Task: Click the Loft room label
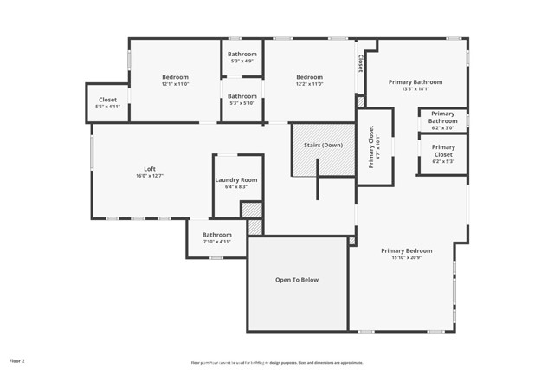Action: pyautogui.click(x=149, y=168)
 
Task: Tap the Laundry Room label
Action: pyautogui.click(x=235, y=179)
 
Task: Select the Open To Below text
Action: pyautogui.click(x=297, y=280)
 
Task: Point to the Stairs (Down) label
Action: pyautogui.click(x=322, y=145)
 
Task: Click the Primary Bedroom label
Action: pyautogui.click(x=406, y=250)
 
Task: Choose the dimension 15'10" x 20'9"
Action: pyautogui.click(x=406, y=257)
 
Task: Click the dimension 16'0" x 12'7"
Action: pyautogui.click(x=149, y=176)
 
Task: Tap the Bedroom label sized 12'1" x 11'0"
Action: pyautogui.click(x=174, y=77)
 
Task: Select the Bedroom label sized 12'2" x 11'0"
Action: pyautogui.click(x=309, y=77)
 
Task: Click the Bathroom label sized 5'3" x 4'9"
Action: pyautogui.click(x=242, y=55)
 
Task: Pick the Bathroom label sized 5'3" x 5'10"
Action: pyautogui.click(x=242, y=96)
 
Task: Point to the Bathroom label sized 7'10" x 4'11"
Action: pyautogui.click(x=217, y=235)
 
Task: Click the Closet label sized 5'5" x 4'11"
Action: pyautogui.click(x=107, y=100)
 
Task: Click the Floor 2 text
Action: pyautogui.click(x=17, y=360)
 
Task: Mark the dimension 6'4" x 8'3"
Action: pyautogui.click(x=235, y=186)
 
